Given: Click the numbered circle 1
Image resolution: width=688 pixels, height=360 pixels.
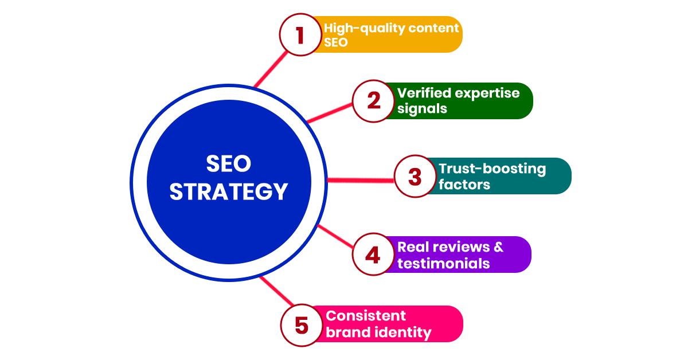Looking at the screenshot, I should click(300, 35).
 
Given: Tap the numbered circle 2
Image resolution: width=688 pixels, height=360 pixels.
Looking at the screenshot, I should click(373, 101).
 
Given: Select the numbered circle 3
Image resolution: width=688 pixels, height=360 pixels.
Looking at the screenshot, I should click(415, 177).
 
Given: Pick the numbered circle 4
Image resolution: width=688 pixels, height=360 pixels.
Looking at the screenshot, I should click(373, 255).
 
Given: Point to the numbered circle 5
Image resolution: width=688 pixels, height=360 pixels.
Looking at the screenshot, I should click(301, 325).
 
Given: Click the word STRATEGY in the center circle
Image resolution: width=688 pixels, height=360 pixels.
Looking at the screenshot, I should click(228, 192).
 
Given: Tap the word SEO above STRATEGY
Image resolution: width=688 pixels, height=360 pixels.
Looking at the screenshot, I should click(228, 165).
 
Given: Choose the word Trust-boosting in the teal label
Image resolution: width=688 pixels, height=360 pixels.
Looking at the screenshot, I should click(492, 169).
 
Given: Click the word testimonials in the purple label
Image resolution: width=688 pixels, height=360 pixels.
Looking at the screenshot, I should click(443, 264).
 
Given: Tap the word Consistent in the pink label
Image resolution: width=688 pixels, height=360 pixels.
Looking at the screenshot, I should click(365, 316).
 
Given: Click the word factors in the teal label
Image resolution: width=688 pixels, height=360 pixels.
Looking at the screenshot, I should click(464, 185).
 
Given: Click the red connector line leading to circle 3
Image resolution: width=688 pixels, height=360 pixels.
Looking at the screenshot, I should click(361, 180).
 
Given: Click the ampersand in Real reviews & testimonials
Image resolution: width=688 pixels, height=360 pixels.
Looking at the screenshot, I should click(498, 247).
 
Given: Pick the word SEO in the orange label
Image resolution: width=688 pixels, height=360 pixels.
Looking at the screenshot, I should click(336, 42).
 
